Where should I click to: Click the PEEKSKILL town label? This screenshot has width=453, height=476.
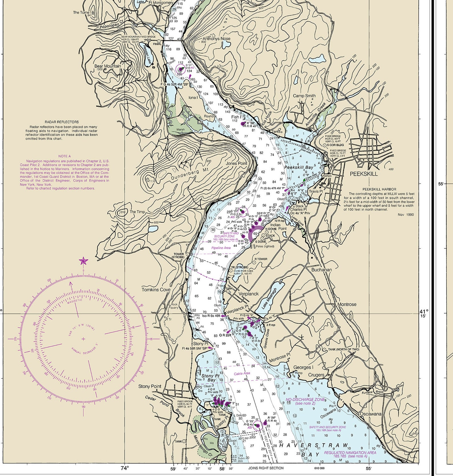(364, 174)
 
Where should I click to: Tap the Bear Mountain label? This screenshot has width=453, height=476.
(108, 66)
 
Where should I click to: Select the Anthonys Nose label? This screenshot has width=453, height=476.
(216, 39)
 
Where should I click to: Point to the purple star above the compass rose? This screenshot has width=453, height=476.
(83, 261)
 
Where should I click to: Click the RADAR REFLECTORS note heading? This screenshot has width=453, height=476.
(62, 122)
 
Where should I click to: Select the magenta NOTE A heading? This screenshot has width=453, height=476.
(64, 156)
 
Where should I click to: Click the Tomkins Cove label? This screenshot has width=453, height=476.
(156, 290)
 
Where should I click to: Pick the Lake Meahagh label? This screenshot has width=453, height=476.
(269, 299)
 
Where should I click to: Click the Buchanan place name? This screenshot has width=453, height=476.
(321, 270)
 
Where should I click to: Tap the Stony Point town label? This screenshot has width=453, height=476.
(150, 386)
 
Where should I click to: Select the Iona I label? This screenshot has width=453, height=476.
(193, 98)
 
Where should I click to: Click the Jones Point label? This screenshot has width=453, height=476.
(236, 163)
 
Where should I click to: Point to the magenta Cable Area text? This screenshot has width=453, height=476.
(242, 373)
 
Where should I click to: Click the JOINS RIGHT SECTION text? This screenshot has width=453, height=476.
(266, 468)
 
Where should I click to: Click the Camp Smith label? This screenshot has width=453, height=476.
(304, 96)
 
